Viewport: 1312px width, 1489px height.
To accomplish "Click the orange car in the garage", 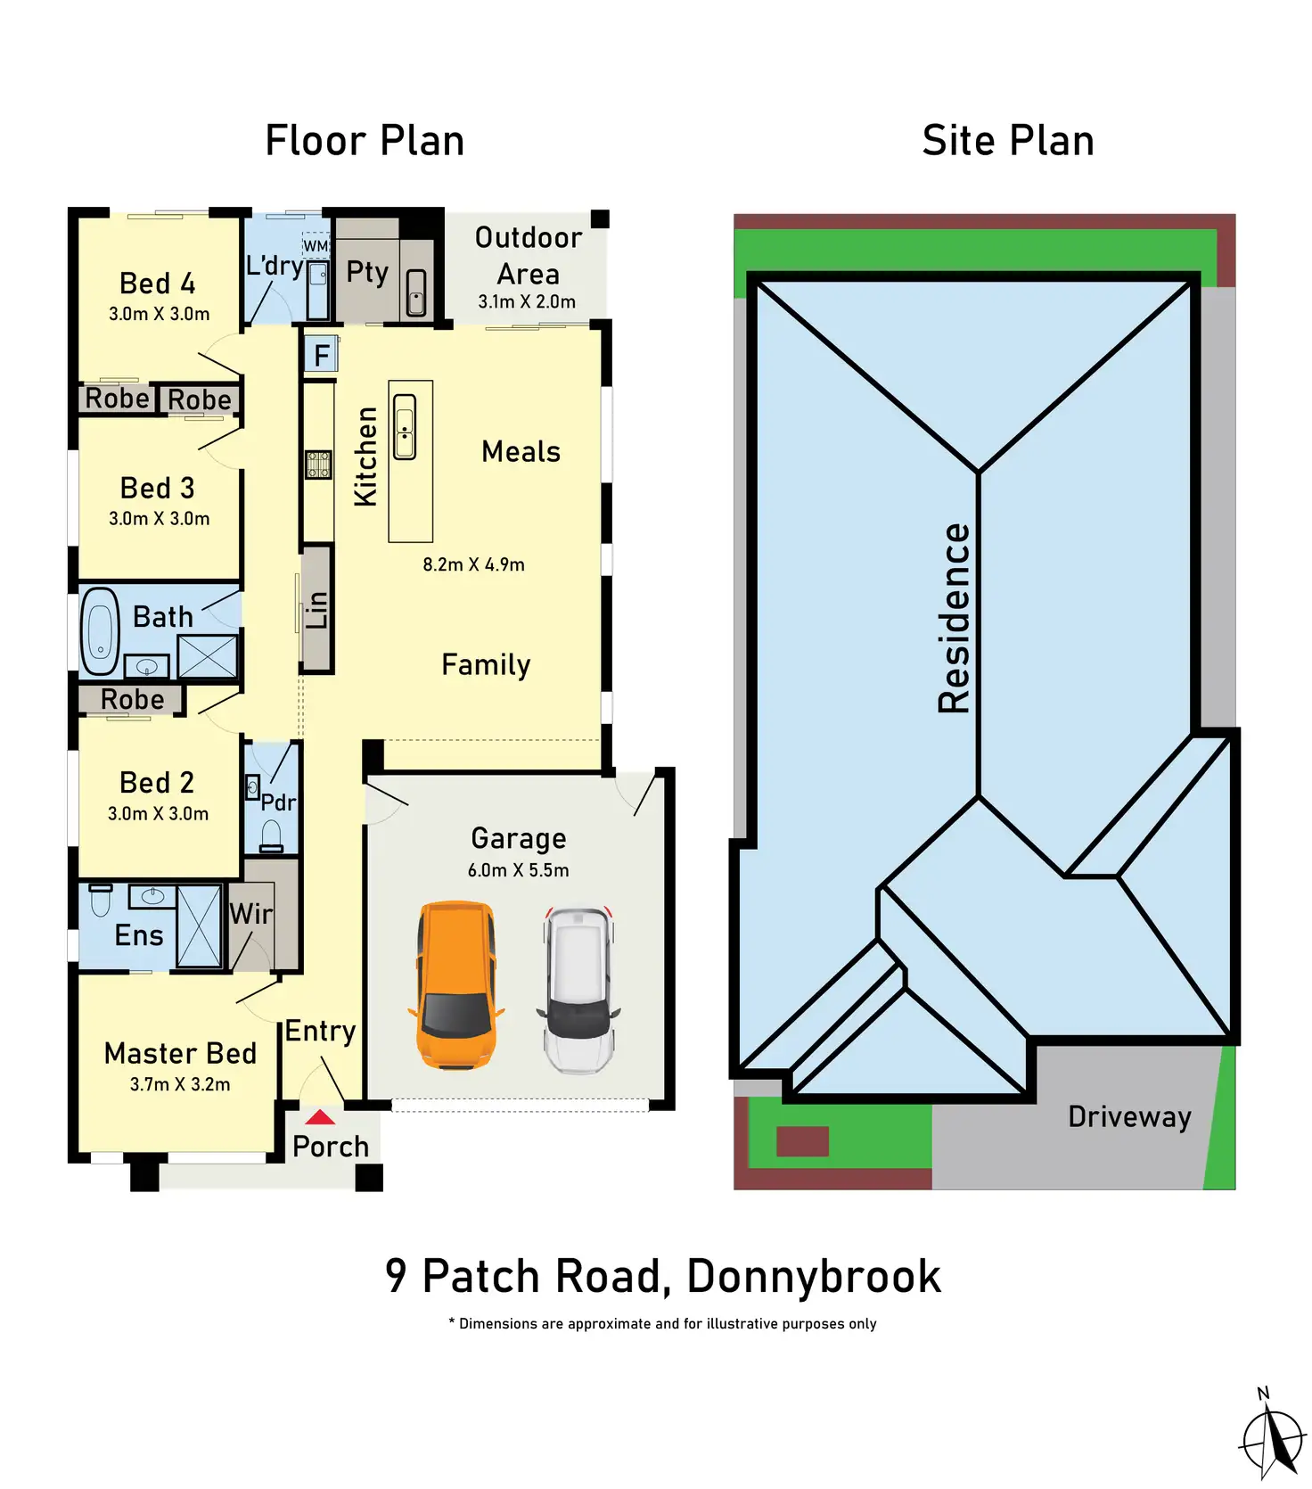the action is point(455,985).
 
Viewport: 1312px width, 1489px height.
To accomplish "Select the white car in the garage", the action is point(578,990).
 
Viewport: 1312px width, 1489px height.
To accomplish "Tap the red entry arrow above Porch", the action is point(320,1117).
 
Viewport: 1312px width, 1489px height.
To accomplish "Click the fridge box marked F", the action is point(321,355).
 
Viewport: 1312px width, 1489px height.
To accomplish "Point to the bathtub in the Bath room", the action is point(100,630).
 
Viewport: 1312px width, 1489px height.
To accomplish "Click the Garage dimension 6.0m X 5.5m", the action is point(518,870).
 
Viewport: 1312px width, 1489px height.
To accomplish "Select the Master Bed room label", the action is point(180,1053).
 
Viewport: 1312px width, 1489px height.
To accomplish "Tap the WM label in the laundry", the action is point(316,245).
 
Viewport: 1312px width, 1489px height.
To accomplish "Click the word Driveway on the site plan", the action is point(1129,1116).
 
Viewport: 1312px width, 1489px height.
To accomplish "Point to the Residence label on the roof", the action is point(955,618).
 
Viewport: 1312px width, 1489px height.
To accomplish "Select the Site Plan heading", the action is point(1008,141).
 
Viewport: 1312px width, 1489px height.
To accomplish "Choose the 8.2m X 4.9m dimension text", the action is point(473,564).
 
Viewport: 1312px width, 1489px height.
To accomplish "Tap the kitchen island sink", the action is point(405,427).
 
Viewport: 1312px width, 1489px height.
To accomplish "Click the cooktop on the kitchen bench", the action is point(318,465).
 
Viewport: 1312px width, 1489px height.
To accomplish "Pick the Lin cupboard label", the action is point(316,610).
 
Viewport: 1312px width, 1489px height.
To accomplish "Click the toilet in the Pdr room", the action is point(271,837).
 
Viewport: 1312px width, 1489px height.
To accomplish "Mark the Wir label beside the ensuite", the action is point(250,914).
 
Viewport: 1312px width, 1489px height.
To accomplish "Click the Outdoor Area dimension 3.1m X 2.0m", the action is point(527,301).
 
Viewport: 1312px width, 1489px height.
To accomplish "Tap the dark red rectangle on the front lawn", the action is point(802,1141).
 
